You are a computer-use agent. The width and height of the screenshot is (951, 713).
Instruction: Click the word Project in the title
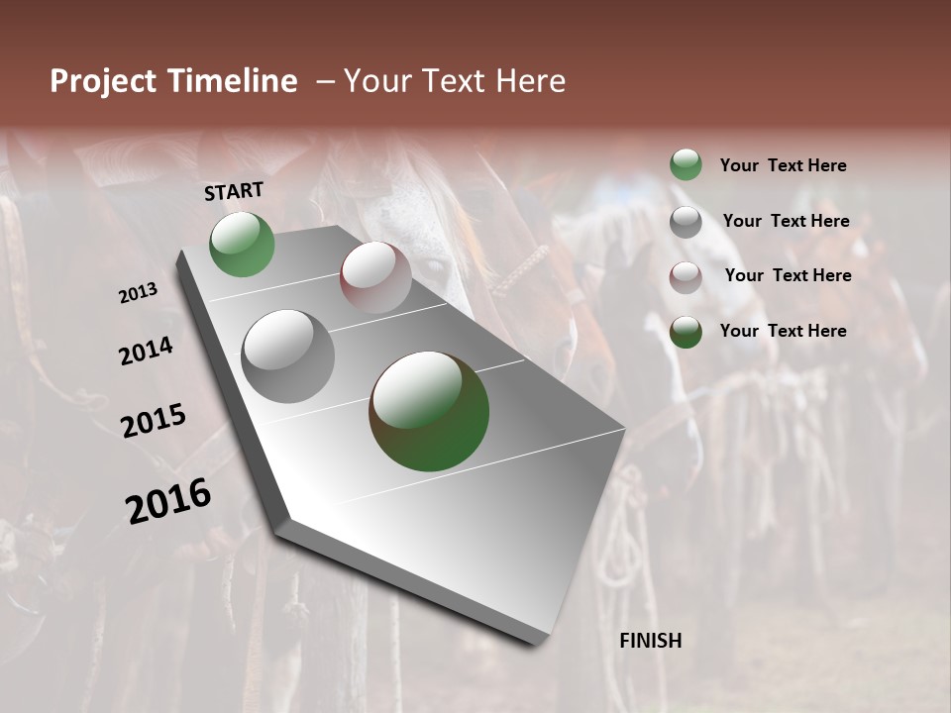pos(104,81)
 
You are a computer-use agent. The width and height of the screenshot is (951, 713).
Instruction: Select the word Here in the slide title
pos(531,81)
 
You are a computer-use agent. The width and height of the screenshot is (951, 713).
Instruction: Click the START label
pos(234,191)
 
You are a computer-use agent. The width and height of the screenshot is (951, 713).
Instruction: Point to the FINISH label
pos(651,641)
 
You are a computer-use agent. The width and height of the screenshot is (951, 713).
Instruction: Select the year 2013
pos(139,293)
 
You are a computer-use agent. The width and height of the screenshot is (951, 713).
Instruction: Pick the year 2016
pos(168,501)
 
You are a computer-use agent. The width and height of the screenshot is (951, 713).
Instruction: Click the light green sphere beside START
pos(243,244)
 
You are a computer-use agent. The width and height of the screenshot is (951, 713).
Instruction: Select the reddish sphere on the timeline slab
pos(375,277)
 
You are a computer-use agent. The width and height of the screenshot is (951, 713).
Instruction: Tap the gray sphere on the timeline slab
pos(288,356)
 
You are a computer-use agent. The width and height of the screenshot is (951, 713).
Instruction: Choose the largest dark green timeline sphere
pos(429,411)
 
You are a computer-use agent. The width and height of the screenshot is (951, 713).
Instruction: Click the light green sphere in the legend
pos(686,164)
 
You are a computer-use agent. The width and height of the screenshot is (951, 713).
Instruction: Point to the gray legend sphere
pos(686,222)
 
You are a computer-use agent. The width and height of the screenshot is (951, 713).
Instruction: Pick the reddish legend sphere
pos(686,277)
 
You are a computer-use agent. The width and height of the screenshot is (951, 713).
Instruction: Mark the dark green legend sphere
pos(686,332)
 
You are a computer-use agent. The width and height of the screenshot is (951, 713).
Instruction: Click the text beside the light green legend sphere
pos(783,165)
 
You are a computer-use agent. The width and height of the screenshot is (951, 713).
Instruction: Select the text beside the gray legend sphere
pos(786,221)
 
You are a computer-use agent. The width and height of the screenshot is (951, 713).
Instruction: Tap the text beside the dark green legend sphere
pos(783,331)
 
